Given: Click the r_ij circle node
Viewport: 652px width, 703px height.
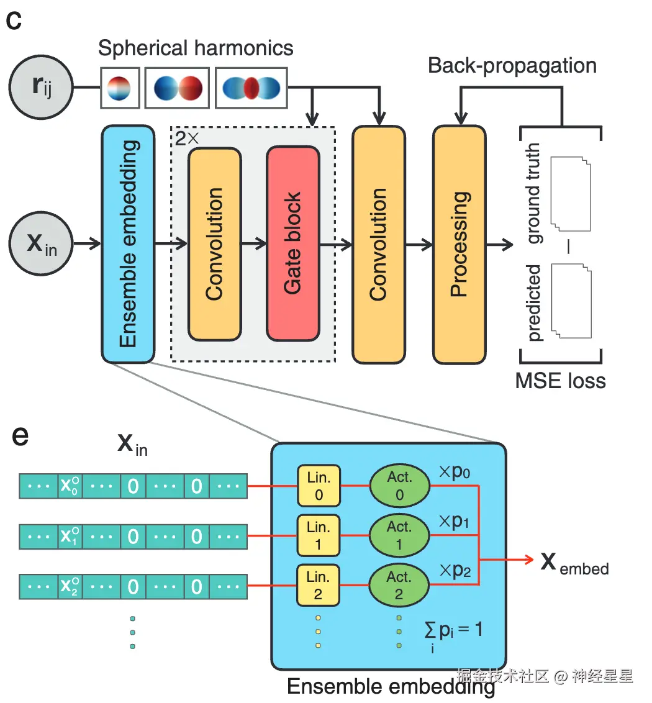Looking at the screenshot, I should coord(41,88).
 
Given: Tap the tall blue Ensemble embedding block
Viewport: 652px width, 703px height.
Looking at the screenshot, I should coord(127,243).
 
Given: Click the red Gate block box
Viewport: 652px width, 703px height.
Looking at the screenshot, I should coord(292,243).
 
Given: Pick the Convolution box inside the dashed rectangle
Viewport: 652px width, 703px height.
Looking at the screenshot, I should coord(214,243).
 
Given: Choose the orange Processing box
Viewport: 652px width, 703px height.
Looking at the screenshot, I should coord(459,243).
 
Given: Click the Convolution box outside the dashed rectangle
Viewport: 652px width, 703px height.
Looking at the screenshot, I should coord(378,243).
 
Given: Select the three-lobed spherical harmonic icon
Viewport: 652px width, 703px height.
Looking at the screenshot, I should coord(251,88).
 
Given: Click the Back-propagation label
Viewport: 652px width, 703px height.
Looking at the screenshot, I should coord(512,65).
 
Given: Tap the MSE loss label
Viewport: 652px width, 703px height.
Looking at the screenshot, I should coord(560,379).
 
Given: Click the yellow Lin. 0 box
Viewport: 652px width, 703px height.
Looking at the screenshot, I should coord(318,484).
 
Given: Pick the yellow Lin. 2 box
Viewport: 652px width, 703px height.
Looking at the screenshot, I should coord(318,585).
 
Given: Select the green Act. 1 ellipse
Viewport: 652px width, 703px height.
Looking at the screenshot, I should coord(399,535).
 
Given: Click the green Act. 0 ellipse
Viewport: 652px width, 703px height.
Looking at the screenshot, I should coord(399,485).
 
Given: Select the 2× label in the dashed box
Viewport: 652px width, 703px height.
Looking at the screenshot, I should coord(186,138).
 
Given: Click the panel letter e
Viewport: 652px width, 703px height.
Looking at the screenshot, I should coord(20,436).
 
